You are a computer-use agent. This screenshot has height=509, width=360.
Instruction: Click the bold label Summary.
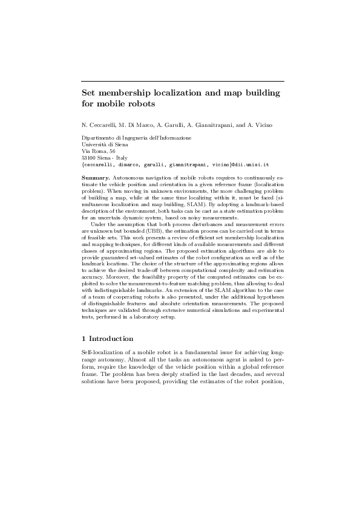94,178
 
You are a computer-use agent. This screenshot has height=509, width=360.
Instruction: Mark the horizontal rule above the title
182,82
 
